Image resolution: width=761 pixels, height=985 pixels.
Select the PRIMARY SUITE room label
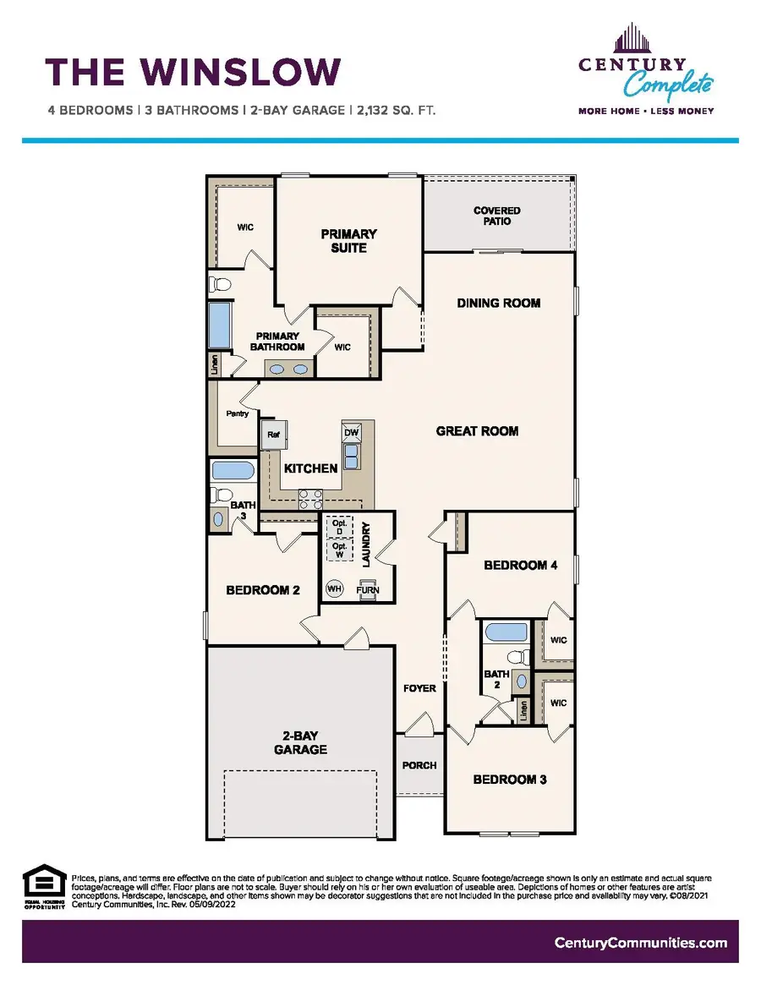pyautogui.click(x=348, y=240)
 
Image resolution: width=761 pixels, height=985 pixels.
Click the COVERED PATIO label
pyautogui.click(x=496, y=216)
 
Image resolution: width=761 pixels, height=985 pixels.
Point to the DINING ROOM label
pyautogui.click(x=498, y=303)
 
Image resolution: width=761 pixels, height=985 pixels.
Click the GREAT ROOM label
pyautogui.click(x=477, y=431)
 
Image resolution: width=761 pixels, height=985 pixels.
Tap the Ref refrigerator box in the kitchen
pyautogui.click(x=274, y=435)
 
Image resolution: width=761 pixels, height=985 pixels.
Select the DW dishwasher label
pyautogui.click(x=350, y=432)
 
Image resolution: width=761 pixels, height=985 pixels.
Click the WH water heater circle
pyautogui.click(x=334, y=588)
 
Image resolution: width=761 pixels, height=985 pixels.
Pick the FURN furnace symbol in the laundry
pyautogui.click(x=368, y=589)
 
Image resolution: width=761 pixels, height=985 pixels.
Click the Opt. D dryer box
pyautogui.click(x=339, y=525)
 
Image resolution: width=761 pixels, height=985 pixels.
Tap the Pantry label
pyautogui.click(x=237, y=414)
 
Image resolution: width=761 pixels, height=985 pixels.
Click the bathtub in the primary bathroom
pyautogui.click(x=220, y=326)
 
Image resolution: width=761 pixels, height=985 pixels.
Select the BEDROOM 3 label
pyautogui.click(x=509, y=780)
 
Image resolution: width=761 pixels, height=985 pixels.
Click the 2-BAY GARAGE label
pyautogui.click(x=299, y=742)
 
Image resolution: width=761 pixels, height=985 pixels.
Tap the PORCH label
pyautogui.click(x=419, y=765)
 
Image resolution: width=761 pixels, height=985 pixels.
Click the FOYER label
pyautogui.click(x=419, y=688)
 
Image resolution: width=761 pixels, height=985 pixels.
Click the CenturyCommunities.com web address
pyautogui.click(x=640, y=943)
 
